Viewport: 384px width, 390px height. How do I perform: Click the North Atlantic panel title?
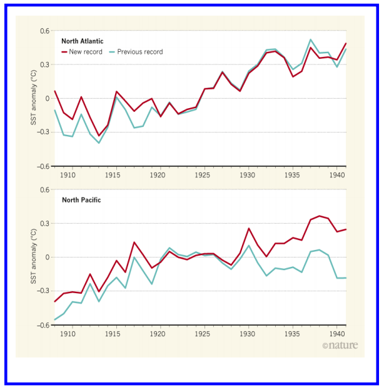[83, 41]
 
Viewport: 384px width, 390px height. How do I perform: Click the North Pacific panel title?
[81, 201]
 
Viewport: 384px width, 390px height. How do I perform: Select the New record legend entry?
[81, 52]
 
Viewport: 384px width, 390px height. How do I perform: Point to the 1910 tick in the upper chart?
[69, 176]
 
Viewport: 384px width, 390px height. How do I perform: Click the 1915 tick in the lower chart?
[113, 334]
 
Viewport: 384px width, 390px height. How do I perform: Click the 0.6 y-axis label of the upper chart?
[44, 31]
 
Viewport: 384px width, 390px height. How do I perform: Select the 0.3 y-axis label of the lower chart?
[44, 224]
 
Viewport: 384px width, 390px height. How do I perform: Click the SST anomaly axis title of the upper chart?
[35, 99]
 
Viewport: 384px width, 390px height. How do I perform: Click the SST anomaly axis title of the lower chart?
[35, 257]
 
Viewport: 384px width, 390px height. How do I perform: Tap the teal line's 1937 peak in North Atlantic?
[311, 40]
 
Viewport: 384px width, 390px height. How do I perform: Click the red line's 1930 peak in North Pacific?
[249, 229]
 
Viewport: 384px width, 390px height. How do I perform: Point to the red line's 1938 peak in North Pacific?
[320, 216]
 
